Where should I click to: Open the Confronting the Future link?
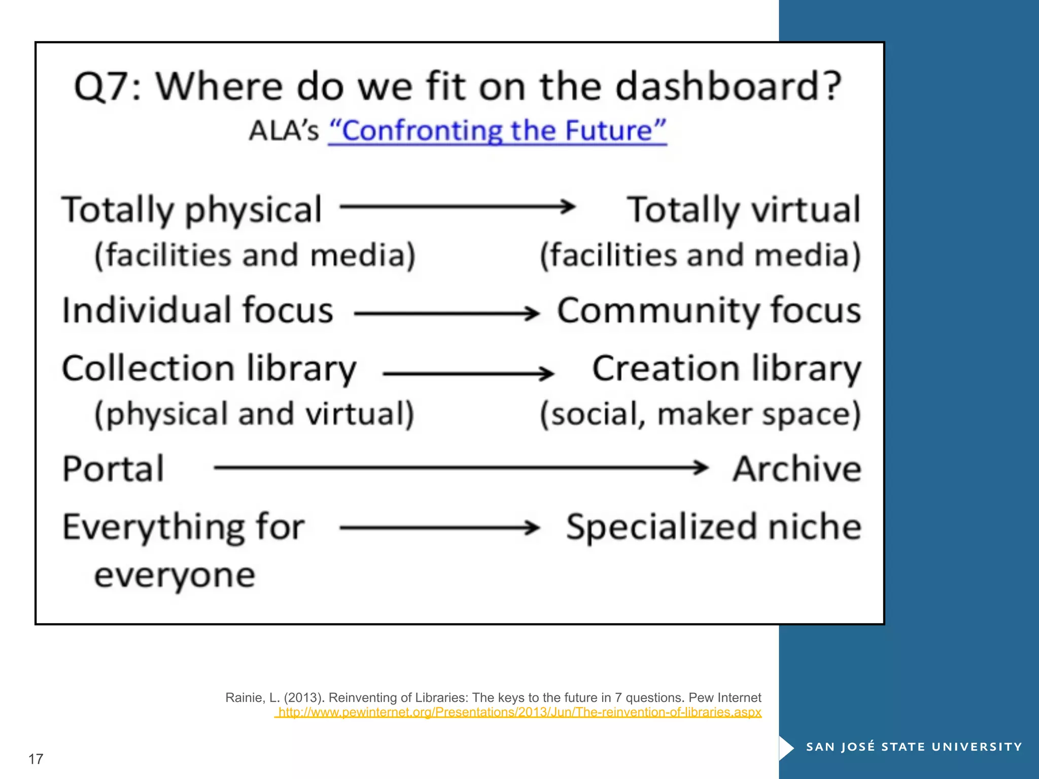click(497, 131)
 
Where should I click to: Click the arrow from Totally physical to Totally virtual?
click(457, 206)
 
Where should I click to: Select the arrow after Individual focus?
click(446, 313)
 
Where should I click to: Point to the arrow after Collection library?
click(468, 374)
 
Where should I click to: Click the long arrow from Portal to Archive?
click(461, 467)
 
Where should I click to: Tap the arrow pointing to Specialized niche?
click(439, 527)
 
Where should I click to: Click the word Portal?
click(113, 469)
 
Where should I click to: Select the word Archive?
click(796, 469)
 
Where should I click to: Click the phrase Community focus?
click(709, 310)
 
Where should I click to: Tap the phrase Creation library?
click(726, 369)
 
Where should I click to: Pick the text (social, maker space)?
click(700, 414)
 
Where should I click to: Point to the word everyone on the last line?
click(175, 576)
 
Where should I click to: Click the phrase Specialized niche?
click(714, 527)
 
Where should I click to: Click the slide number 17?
click(36, 759)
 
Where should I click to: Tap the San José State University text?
click(914, 747)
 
